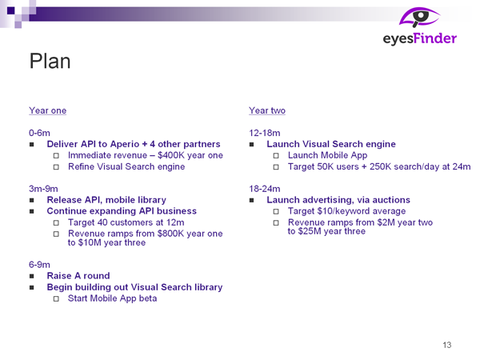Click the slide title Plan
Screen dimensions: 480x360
click(50, 61)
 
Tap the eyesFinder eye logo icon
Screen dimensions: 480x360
click(419, 17)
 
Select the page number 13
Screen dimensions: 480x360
click(447, 345)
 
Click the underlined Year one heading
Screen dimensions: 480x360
click(47, 110)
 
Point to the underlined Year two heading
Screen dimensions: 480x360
click(267, 110)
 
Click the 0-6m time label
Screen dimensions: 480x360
click(39, 133)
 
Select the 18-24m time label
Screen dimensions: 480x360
click(265, 189)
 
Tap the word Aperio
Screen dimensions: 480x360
click(125, 144)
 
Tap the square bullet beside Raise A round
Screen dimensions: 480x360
click(31, 276)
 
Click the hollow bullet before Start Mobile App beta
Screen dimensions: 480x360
click(56, 298)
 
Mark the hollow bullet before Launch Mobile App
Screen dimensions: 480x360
click(276, 155)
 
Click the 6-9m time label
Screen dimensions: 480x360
click(39, 265)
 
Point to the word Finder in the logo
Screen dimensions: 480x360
click(434, 38)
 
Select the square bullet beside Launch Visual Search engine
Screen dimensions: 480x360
click(251, 145)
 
